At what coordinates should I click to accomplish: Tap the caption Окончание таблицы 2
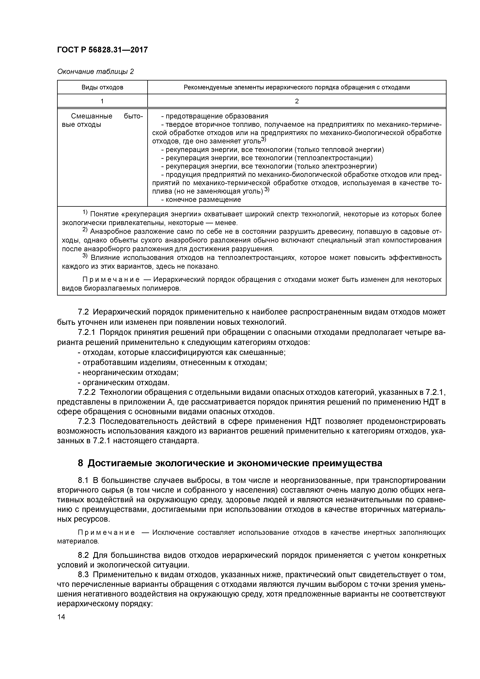[x=95, y=72]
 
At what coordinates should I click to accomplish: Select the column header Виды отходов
[x=102, y=87]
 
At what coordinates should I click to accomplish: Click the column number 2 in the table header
[x=297, y=101]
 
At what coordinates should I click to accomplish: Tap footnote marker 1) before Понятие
[x=85, y=213]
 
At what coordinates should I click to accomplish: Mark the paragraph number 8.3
[x=84, y=575]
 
